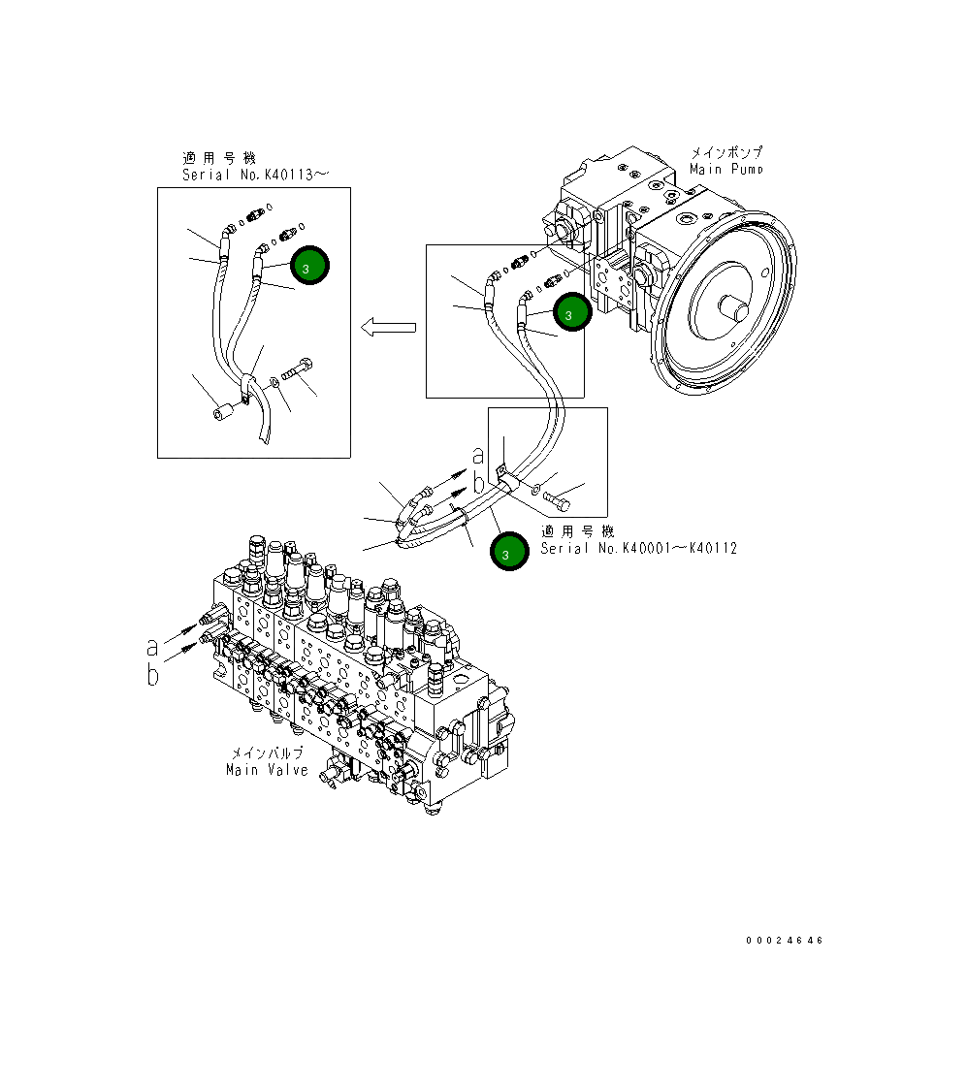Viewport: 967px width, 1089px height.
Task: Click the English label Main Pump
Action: point(725,169)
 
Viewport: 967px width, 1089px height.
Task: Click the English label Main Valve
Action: point(267,770)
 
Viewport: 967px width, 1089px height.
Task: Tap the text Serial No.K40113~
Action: point(255,175)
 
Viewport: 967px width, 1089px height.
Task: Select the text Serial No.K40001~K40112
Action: point(638,548)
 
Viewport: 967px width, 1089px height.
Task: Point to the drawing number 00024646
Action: point(785,941)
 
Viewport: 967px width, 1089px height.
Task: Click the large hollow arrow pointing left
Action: point(387,328)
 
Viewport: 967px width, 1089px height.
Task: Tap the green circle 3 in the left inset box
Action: point(309,266)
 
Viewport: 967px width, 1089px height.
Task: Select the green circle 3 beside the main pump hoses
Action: point(570,313)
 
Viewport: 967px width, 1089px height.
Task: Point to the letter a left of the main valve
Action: point(152,646)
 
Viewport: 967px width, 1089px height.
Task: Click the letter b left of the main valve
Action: point(152,675)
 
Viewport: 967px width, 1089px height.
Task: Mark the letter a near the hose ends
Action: point(476,454)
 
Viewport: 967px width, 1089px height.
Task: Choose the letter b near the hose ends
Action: point(476,482)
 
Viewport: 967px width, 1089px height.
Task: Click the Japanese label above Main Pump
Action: point(725,152)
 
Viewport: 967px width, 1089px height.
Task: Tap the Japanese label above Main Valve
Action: point(266,753)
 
